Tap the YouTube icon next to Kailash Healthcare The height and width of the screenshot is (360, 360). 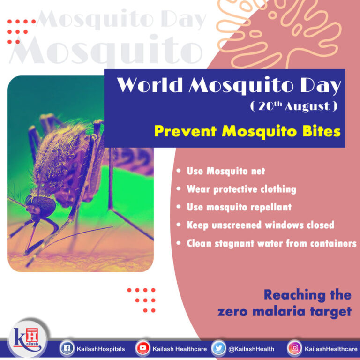(142, 348)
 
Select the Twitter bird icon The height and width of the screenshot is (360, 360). (218, 348)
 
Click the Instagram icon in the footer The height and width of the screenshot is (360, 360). (294, 348)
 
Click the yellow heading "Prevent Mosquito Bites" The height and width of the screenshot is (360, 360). (247, 132)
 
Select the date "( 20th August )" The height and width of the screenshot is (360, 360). (293, 106)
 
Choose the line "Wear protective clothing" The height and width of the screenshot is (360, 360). (241, 189)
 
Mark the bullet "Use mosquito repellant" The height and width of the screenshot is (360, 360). (238, 207)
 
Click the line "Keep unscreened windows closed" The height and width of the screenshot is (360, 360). (260, 225)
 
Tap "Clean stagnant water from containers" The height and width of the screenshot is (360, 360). (271, 243)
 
